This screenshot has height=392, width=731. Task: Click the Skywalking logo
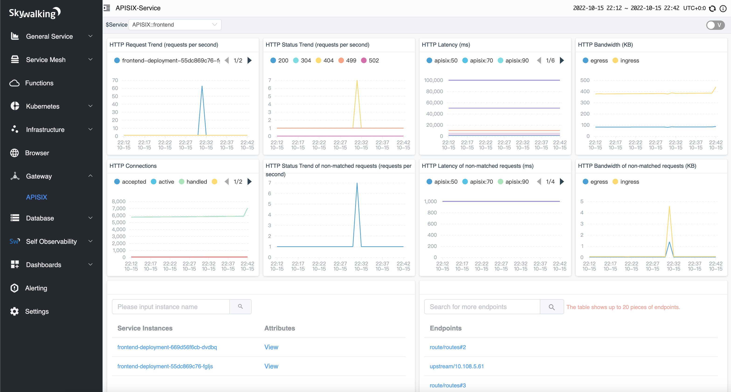[x=35, y=13]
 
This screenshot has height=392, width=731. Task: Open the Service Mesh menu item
[x=45, y=60]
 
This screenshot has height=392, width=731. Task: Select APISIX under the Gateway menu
[x=37, y=197]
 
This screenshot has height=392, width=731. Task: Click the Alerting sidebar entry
[x=36, y=288]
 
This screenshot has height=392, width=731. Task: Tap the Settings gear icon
[x=14, y=311]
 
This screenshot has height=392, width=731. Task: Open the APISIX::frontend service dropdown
[x=175, y=25]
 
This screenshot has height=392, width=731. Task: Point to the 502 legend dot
[x=363, y=60]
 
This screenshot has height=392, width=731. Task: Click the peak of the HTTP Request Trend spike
[x=202, y=86]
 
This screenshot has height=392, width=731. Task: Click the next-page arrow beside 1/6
[x=562, y=60]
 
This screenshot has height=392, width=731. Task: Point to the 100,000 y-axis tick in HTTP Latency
[x=433, y=80]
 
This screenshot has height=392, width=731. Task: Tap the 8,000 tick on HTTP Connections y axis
[x=118, y=201]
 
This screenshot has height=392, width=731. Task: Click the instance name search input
[x=171, y=307]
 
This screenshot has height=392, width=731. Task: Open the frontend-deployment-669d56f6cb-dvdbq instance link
[x=167, y=347]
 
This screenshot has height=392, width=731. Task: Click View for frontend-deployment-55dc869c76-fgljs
[x=271, y=366]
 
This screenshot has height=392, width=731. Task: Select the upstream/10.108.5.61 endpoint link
[x=457, y=366]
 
